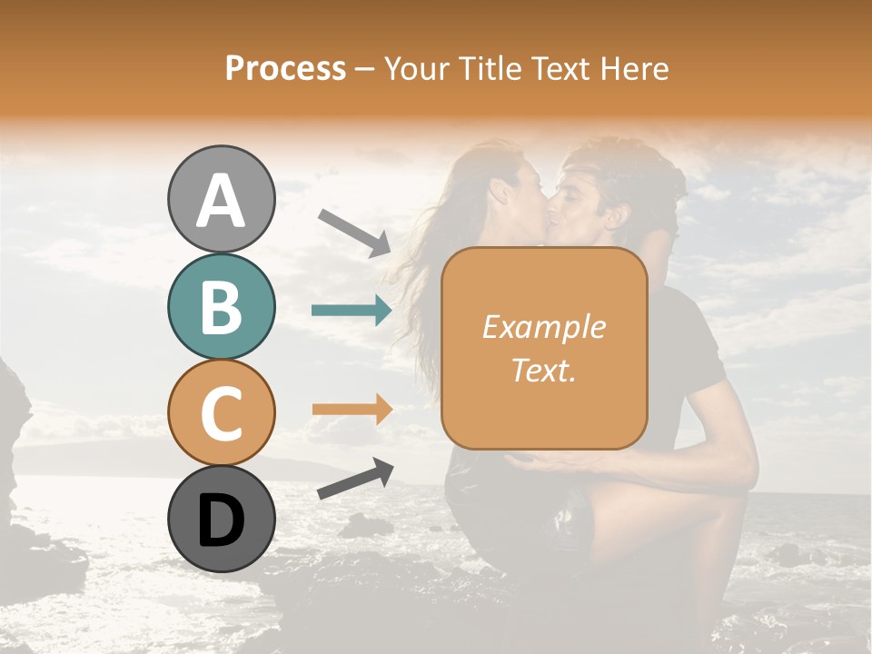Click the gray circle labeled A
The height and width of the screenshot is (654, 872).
(221, 200)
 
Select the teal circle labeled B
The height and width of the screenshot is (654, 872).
(221, 307)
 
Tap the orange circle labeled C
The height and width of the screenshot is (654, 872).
(221, 413)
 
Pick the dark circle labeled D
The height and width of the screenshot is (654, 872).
(221, 520)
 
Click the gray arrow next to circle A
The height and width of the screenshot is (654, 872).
(354, 233)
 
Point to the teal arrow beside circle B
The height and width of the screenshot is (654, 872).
(352, 311)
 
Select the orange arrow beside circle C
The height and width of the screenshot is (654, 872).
(352, 410)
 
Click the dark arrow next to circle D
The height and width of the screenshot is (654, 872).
(355, 479)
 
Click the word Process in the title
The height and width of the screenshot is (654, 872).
(285, 68)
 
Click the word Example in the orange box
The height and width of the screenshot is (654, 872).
(544, 327)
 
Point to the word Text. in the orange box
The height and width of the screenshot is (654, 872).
(544, 370)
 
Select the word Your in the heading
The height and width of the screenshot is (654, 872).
(417, 68)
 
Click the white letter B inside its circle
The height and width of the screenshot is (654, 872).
(221, 307)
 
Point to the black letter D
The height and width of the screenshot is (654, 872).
(221, 520)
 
